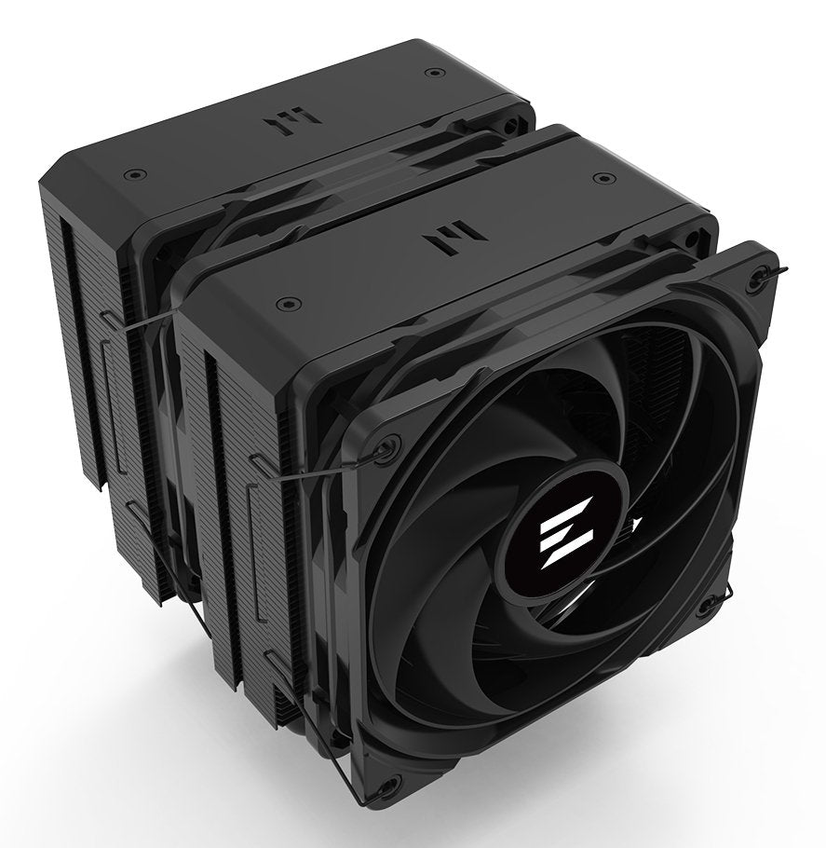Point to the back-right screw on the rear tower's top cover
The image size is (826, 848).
[x=429, y=72]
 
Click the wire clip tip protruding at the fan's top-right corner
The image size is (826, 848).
[x=778, y=270]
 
